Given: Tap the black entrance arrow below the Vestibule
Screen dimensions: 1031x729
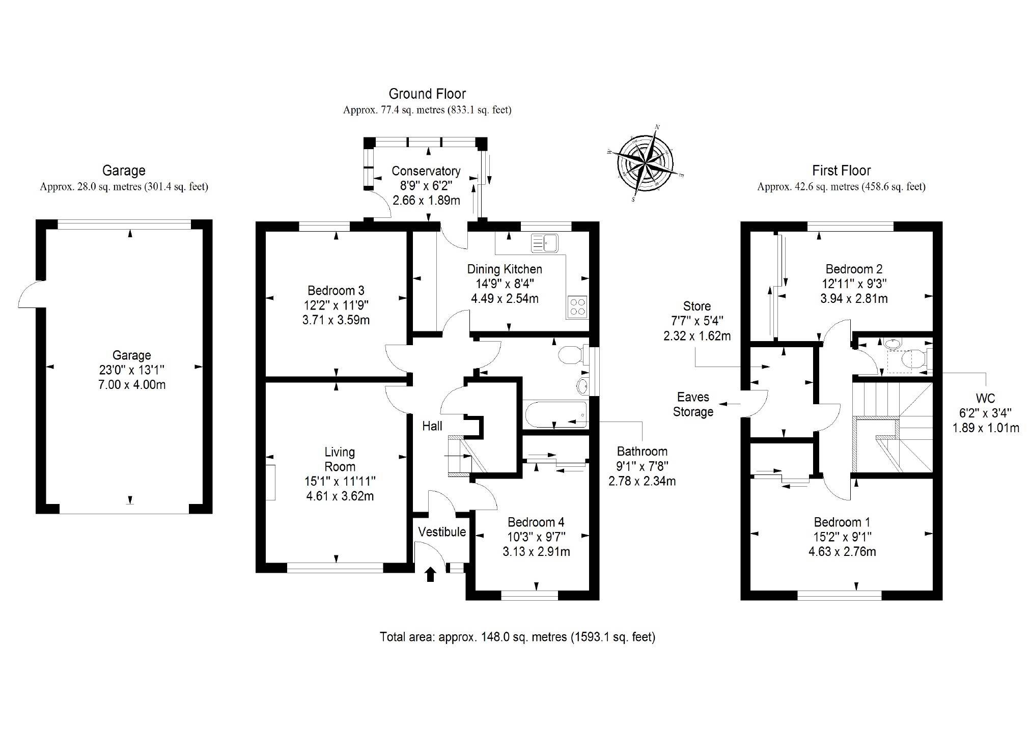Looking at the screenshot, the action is pos(431,574).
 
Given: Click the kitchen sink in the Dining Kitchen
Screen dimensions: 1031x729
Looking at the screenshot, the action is pos(545,243).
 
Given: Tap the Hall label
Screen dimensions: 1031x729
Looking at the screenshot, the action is pos(432,426).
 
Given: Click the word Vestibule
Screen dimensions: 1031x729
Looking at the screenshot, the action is pos(442,532).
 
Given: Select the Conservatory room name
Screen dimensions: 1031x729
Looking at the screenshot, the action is pos(426,171).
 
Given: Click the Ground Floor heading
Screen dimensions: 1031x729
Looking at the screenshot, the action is pos(427,94).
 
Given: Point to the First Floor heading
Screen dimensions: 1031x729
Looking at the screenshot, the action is pos(841,171).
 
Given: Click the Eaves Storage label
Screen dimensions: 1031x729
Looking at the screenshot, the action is pos(693,404).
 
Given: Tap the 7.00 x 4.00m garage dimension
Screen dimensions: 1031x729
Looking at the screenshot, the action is pos(132,385).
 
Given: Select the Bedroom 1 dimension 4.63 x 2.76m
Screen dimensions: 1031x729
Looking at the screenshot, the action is pos(842,551).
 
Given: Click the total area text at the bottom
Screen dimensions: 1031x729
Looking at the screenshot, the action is pos(517,637).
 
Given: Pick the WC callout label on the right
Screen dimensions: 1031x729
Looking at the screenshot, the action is pos(986,399).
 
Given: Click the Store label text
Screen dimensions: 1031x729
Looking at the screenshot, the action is pos(696,306).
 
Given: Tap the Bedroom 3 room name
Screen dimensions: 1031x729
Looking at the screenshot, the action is pos(336,291).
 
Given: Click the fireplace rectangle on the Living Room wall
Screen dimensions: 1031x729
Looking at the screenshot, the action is pos(272,482).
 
